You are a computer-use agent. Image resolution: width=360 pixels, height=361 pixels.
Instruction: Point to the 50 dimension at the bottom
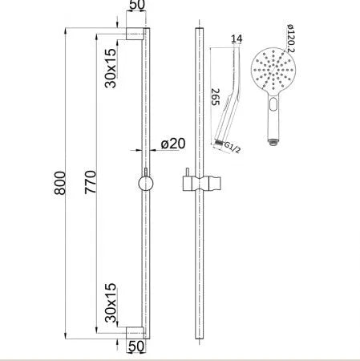136,347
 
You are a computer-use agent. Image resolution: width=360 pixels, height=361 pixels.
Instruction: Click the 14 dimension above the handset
235,38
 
